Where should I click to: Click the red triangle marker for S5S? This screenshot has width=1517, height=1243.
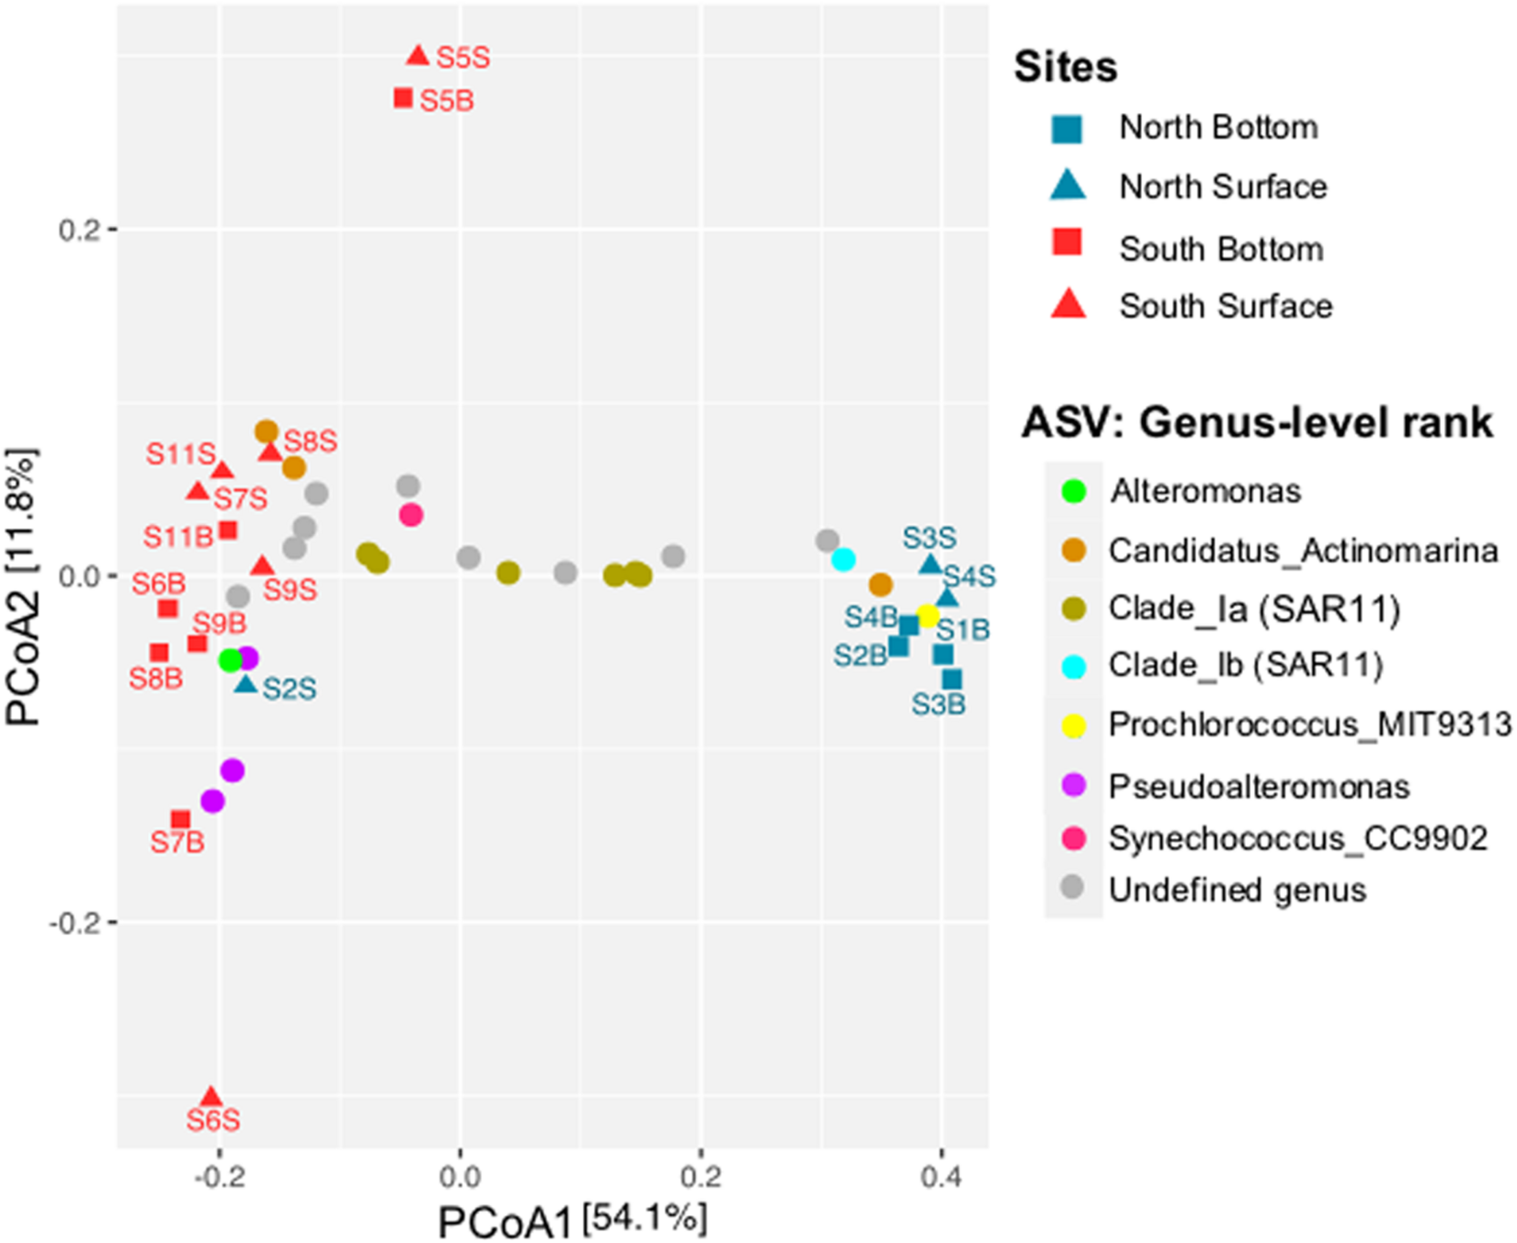coord(417,56)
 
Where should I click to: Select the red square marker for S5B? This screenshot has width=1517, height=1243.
coord(404,98)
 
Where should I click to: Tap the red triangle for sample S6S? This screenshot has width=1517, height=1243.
coord(211,1097)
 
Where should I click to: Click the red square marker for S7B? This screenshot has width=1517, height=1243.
coord(180,820)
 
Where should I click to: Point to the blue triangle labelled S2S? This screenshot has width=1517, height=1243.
coord(246,684)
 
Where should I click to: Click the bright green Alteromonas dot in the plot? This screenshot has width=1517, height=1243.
coord(230,660)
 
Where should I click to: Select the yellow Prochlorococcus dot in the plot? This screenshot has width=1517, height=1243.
coord(928,615)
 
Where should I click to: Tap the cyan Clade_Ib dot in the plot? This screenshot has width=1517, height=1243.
coord(843,559)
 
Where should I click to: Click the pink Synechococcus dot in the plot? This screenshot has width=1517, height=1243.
coord(410,515)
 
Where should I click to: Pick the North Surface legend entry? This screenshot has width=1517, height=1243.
coord(1223,187)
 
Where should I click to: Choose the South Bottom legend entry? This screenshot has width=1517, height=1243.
coord(1220,249)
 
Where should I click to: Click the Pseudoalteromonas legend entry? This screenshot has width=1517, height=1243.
coord(1259,787)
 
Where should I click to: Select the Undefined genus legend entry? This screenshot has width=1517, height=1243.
coord(1237,890)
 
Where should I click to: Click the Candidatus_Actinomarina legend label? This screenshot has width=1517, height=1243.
coord(1303,551)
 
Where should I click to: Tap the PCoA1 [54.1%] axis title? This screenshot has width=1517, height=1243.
coord(572,1219)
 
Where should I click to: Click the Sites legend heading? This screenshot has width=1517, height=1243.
coord(1065,67)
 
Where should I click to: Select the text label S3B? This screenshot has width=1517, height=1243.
coord(938,704)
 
